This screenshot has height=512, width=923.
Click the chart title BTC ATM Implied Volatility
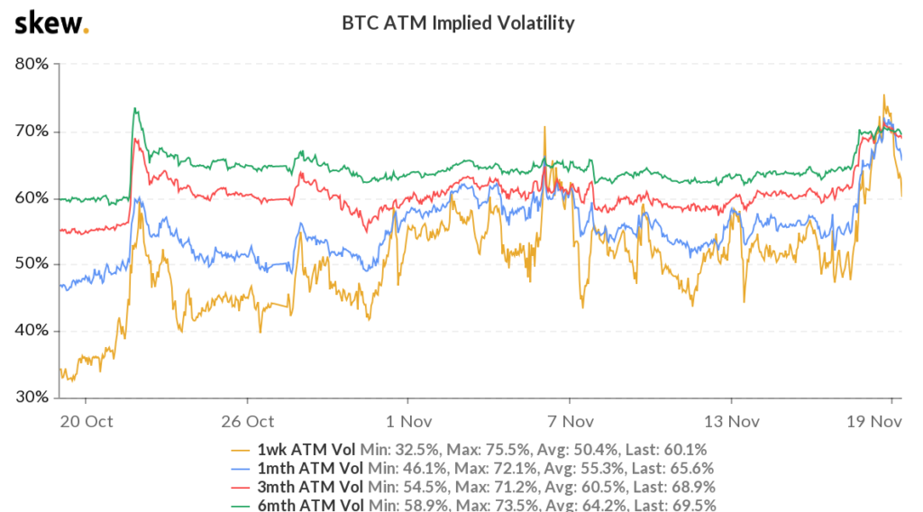click(458, 23)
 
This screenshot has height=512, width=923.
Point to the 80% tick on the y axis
click(33, 65)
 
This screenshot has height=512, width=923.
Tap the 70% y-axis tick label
click(33, 131)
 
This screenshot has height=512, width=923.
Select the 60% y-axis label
click(33, 197)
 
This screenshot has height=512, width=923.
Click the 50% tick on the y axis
click(33, 264)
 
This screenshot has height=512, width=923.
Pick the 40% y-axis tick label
click(33, 331)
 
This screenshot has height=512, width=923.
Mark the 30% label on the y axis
click(33, 397)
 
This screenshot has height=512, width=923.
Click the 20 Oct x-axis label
click(86, 421)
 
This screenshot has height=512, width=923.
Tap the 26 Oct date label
click(247, 421)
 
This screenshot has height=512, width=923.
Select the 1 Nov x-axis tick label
click(407, 421)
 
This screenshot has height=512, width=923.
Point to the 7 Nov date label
click(569, 421)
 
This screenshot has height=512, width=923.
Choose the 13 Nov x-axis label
click(730, 421)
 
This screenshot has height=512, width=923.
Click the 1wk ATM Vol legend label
click(306, 449)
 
